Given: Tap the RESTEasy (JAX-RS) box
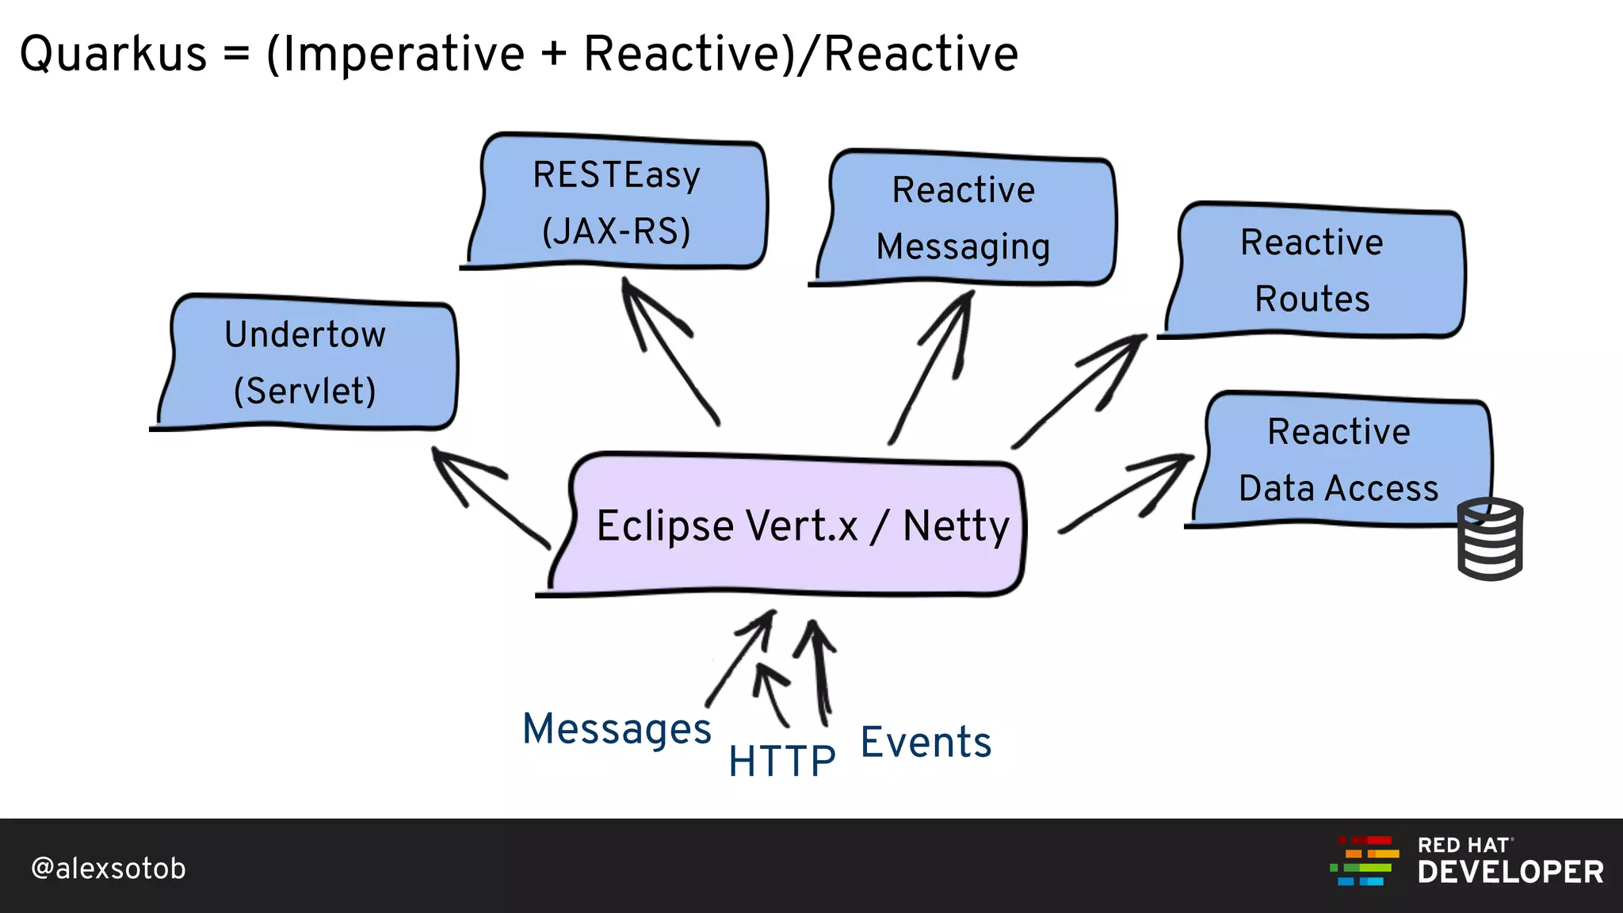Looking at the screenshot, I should tap(617, 203).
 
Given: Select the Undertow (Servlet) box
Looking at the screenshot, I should tap(306, 363).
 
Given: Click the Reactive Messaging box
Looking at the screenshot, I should tap(964, 218).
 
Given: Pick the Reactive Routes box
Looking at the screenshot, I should tap(1312, 270).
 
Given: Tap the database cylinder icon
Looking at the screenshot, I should tap(1490, 539).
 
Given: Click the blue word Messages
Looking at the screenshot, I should tap(617, 728).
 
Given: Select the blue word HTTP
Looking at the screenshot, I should tap(781, 761).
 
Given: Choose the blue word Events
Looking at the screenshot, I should tap(926, 743).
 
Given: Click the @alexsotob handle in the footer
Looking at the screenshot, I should tap(109, 869).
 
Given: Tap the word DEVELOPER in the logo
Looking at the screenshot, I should tap(1510, 873).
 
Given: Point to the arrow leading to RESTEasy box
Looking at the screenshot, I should tap(670, 353).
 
